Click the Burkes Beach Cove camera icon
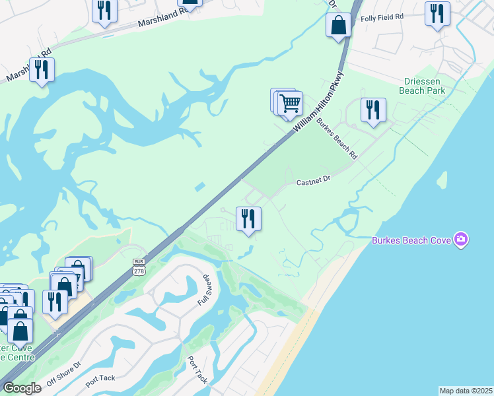point(462,240)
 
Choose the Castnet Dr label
point(312,180)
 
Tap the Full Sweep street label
point(205,291)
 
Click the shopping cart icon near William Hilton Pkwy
point(290,103)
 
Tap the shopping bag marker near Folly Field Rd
point(338,26)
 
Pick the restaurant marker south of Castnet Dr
point(248,218)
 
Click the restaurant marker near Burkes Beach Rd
point(373,110)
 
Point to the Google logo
point(22,388)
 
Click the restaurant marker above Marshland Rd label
point(104,11)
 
